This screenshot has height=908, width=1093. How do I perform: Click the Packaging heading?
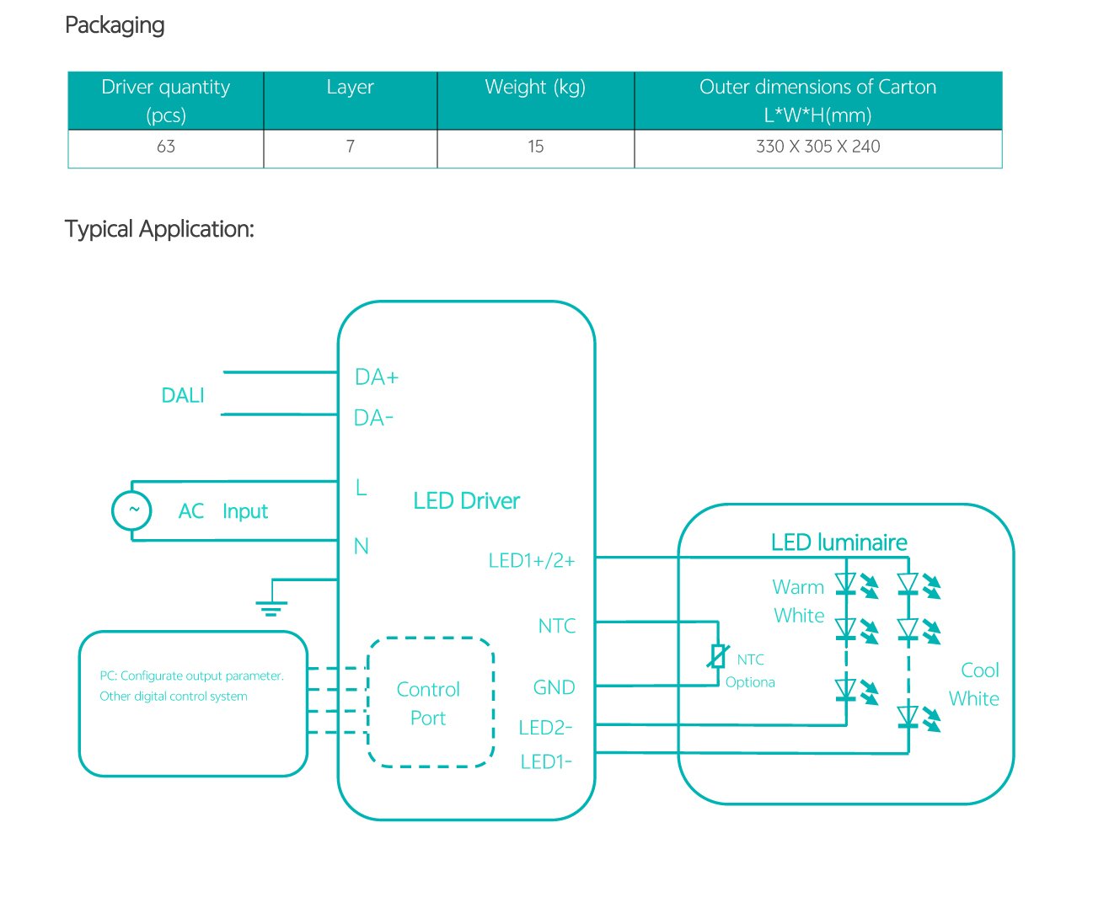pyautogui.click(x=115, y=25)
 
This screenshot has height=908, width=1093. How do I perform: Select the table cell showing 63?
pyautogui.click(x=166, y=147)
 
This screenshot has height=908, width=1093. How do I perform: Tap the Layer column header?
pyautogui.click(x=350, y=88)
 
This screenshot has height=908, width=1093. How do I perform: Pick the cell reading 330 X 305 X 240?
pyautogui.click(x=817, y=147)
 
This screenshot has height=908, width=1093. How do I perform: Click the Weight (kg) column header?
pyautogui.click(x=535, y=88)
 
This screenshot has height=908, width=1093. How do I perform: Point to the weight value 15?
pyautogui.click(x=535, y=147)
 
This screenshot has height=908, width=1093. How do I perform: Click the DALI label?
pyautogui.click(x=183, y=395)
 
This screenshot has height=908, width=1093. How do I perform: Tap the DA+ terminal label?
pyautogui.click(x=376, y=377)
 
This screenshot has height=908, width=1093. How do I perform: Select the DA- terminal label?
pyautogui.click(x=373, y=418)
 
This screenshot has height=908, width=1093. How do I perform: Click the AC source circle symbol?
pyautogui.click(x=132, y=510)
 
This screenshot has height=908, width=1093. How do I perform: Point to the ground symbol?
pyautogui.click(x=271, y=606)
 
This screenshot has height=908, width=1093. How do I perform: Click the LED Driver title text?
pyautogui.click(x=466, y=501)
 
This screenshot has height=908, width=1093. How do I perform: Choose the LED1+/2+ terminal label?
pyautogui.click(x=532, y=561)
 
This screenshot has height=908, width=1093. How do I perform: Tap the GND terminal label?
pyautogui.click(x=554, y=688)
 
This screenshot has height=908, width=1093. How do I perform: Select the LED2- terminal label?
pyautogui.click(x=545, y=728)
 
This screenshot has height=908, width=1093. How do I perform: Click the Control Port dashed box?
pyautogui.click(x=430, y=703)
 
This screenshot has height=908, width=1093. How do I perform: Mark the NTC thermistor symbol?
pyautogui.click(x=718, y=656)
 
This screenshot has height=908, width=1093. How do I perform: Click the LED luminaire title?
pyautogui.click(x=839, y=542)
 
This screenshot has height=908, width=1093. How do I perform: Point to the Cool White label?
pyautogui.click(x=976, y=685)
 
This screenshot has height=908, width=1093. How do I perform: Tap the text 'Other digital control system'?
pyautogui.click(x=174, y=697)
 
